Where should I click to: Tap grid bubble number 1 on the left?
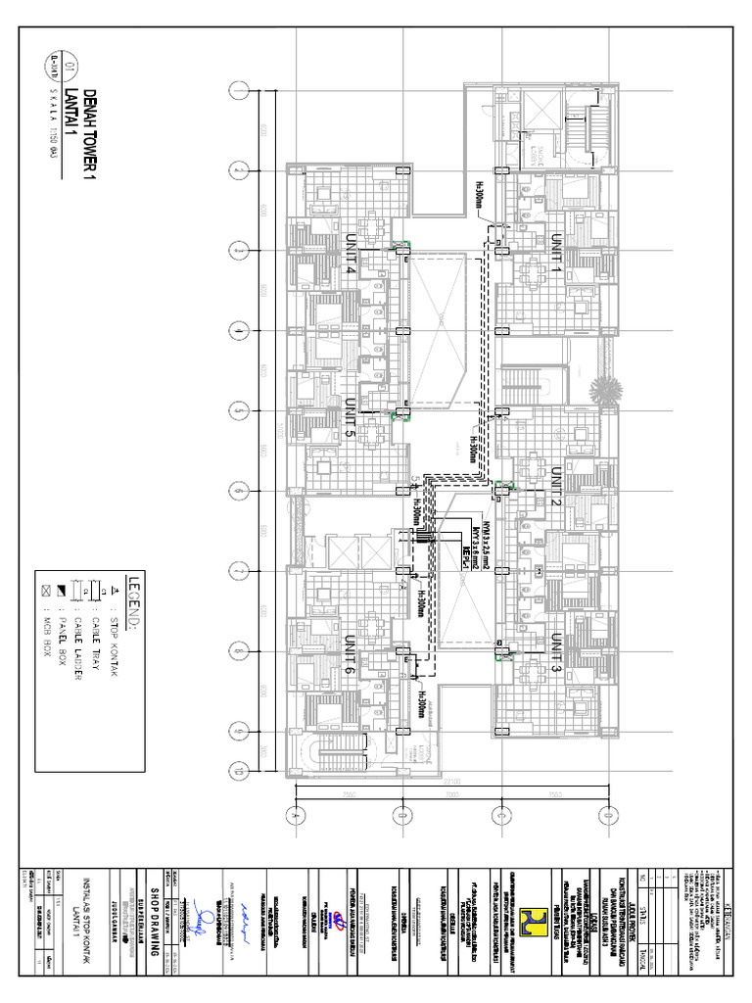point(239,91)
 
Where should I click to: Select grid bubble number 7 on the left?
point(239,570)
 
